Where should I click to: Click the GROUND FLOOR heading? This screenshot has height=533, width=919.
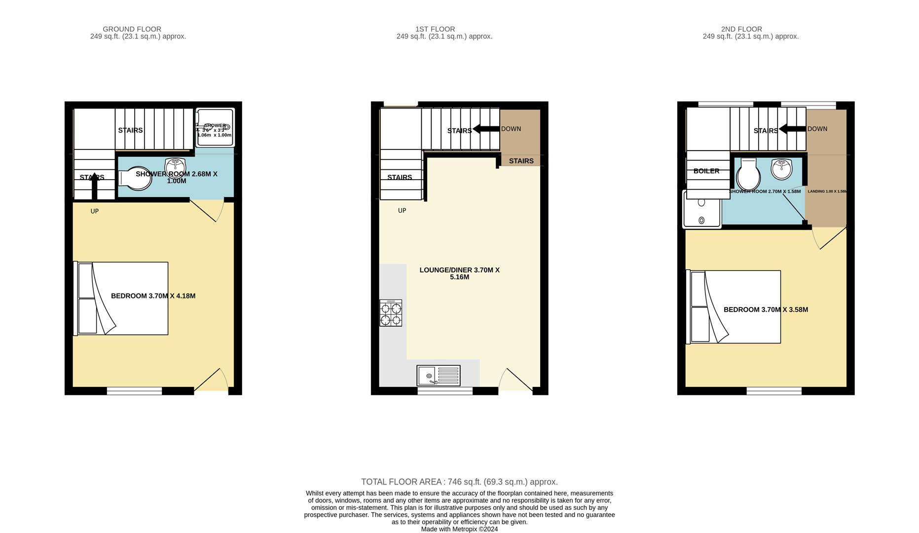(x=132, y=29)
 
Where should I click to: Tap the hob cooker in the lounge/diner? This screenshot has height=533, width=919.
(x=391, y=313)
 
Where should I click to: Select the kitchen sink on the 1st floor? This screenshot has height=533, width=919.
(x=438, y=376)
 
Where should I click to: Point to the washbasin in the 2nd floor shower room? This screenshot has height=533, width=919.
(x=781, y=169)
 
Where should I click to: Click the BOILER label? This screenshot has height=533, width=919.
(x=706, y=171)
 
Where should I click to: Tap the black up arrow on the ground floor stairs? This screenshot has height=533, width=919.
(x=95, y=187)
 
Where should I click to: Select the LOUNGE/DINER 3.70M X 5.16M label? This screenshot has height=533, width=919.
(x=459, y=273)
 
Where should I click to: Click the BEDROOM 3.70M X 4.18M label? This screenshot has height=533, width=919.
(x=153, y=296)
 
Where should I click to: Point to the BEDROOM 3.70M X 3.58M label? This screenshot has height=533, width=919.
(x=766, y=310)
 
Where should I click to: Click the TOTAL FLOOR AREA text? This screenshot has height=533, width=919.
(x=459, y=482)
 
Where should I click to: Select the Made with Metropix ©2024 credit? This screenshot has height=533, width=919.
(x=459, y=529)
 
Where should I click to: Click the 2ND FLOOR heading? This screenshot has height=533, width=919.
(x=741, y=29)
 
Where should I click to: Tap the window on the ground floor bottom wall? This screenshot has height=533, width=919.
(x=134, y=391)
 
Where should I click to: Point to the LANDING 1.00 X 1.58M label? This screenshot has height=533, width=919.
(x=827, y=191)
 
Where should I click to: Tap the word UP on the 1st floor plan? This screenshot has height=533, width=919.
(x=402, y=211)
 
